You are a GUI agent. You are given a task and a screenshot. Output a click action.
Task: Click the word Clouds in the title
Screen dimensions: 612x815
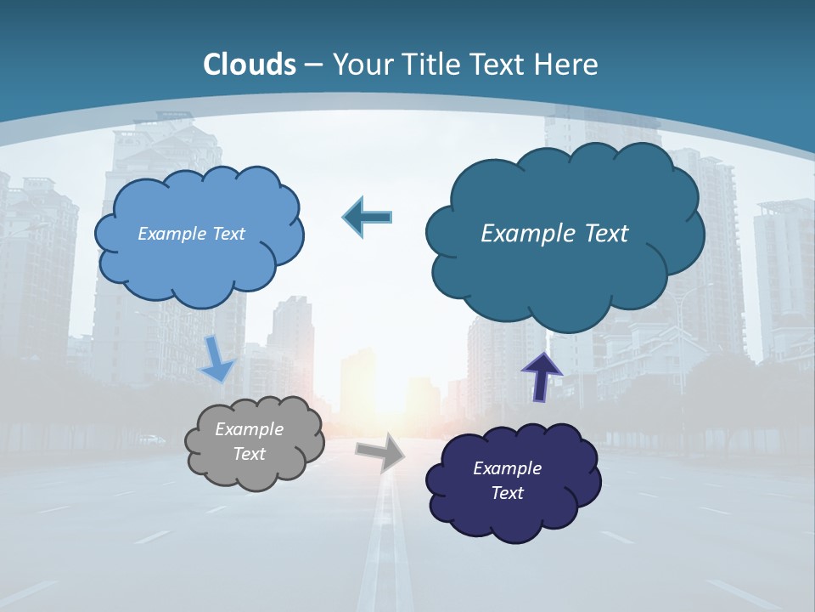click(250, 65)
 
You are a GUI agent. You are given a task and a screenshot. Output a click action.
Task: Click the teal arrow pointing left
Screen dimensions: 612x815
click(367, 218)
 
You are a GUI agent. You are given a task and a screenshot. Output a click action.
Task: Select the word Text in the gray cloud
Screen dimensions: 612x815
click(249, 454)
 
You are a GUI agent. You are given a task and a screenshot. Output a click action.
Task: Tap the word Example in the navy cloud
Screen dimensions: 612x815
click(507, 468)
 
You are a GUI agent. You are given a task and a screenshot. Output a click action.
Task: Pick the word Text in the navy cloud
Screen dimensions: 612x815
click(507, 493)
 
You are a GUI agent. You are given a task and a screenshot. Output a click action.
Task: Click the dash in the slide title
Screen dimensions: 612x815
click(313, 65)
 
